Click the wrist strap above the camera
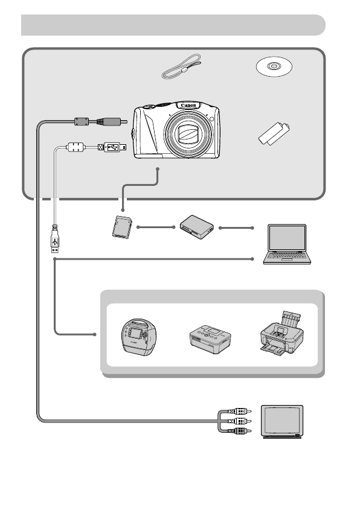[181, 66]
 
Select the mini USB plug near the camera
[112, 147]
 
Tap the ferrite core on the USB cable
[74, 147]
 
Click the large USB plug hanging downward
[55, 239]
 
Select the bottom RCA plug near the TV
[234, 431]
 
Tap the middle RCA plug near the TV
[234, 421]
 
